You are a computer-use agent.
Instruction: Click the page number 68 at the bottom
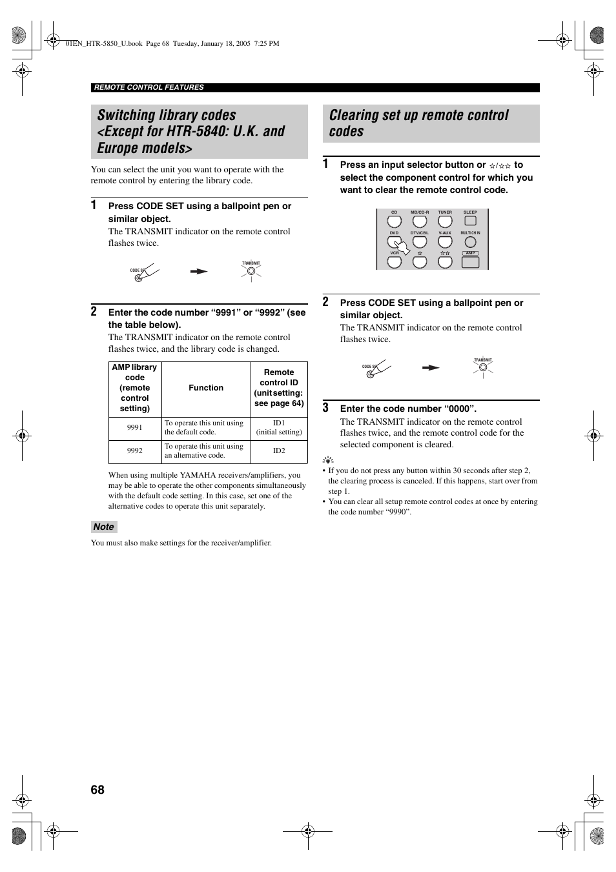coord(98,789)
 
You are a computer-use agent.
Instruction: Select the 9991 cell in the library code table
coord(134,427)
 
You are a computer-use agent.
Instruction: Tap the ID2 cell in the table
coord(279,451)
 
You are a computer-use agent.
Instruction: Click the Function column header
coord(206,388)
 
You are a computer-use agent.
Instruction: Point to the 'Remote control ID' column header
coord(279,388)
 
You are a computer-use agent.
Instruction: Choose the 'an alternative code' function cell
coord(204,451)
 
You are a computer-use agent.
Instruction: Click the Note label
coord(103,527)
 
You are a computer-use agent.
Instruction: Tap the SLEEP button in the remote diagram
coord(470,221)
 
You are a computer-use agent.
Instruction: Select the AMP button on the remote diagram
coord(470,262)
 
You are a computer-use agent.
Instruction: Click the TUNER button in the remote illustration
coord(445,221)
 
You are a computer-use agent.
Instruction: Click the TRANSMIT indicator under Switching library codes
coord(251,272)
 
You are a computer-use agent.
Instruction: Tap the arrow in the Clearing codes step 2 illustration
coord(431,368)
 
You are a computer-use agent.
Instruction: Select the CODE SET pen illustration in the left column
coord(144,273)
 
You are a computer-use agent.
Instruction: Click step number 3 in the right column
coord(326,407)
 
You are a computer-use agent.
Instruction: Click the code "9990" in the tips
coord(397,512)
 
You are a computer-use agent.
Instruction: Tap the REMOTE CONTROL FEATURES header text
coord(149,87)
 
